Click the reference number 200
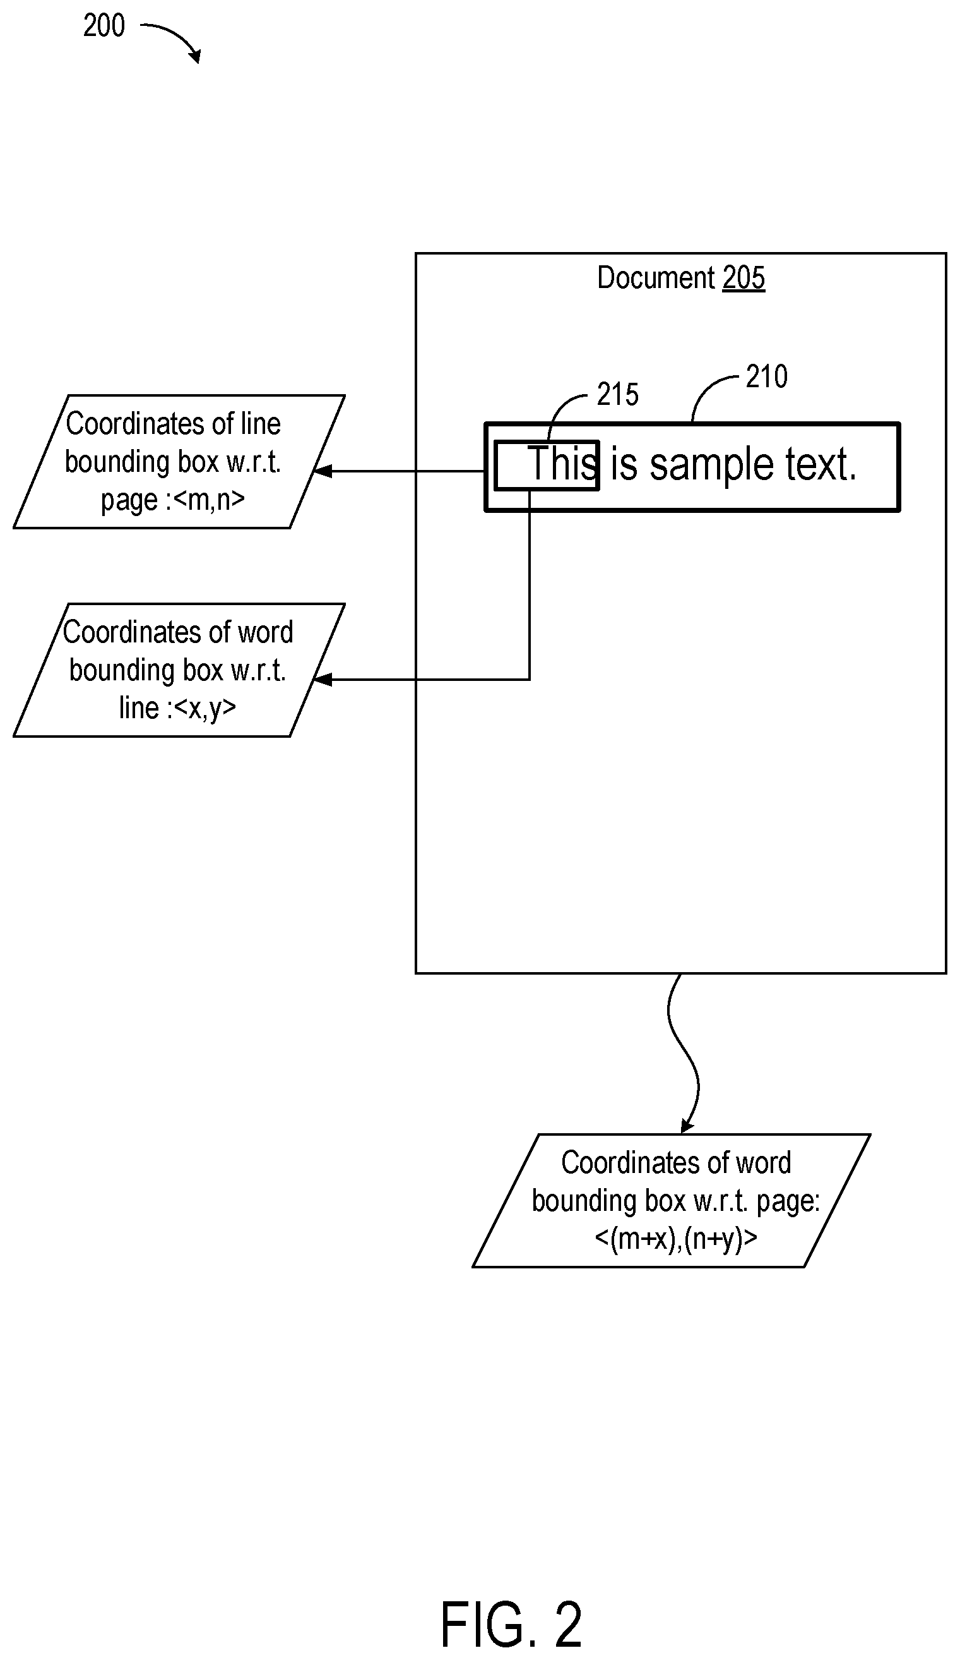pos(104,26)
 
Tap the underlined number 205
pos(744,278)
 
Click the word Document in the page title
pos(656,278)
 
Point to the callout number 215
pos(618,395)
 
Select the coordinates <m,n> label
pos(209,499)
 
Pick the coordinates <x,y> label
pos(204,708)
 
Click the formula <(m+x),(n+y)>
pos(675,1239)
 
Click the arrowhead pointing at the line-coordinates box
pos(322,471)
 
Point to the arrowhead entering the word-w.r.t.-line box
pos(322,679)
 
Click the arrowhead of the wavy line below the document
pos(687,1126)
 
